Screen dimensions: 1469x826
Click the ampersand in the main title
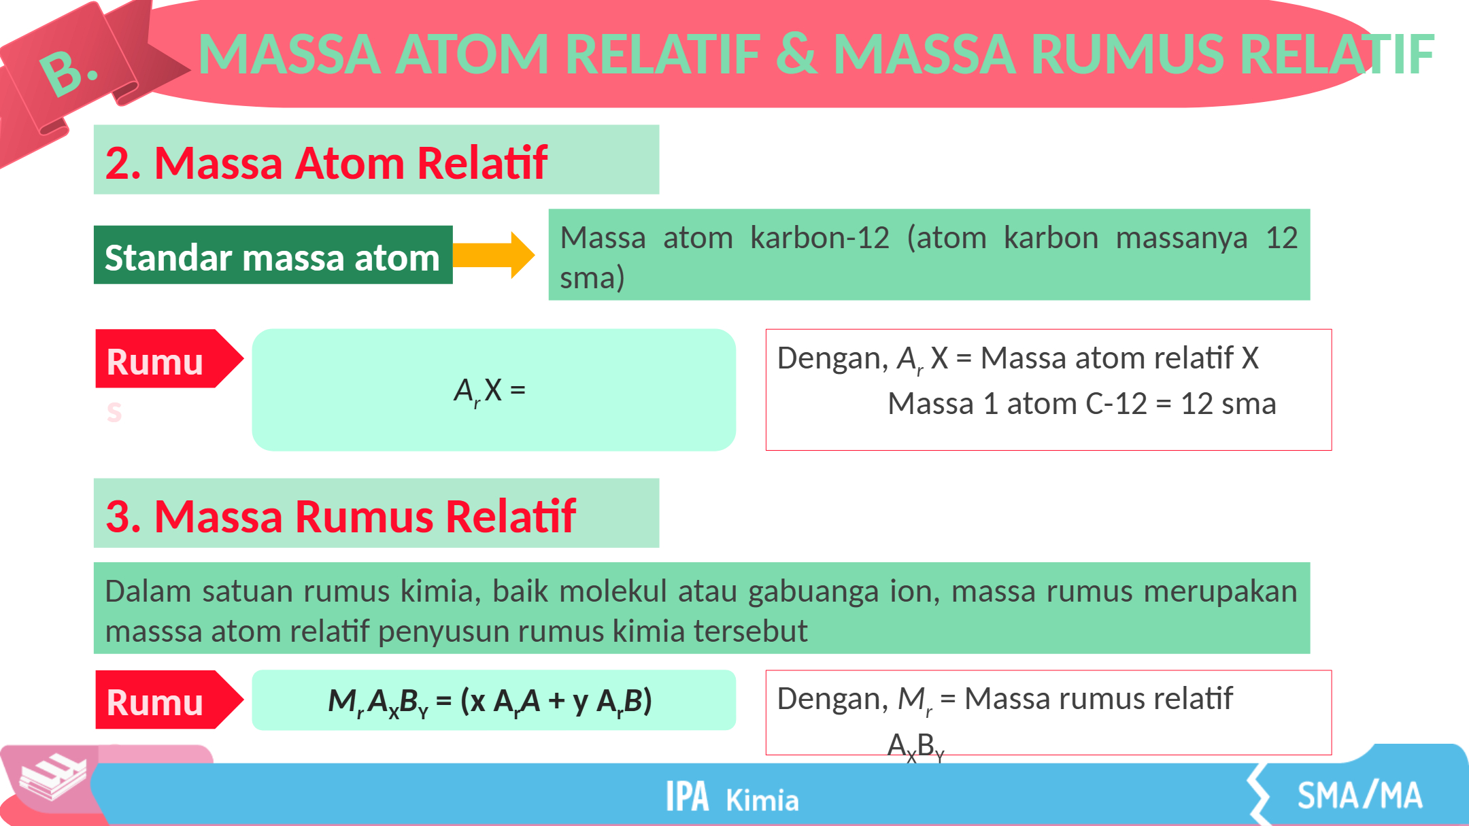[796, 54]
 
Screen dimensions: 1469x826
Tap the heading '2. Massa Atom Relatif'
[326, 163]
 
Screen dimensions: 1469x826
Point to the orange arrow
[494, 255]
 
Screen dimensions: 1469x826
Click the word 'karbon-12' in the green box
[820, 238]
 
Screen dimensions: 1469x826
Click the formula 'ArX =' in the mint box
[490, 392]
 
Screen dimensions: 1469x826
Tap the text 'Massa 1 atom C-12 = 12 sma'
[1082, 404]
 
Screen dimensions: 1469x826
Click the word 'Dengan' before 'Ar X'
[832, 358]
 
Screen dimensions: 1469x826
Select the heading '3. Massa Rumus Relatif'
[341, 516]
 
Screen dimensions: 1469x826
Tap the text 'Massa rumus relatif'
[1098, 698]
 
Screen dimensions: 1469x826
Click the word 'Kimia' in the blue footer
[762, 800]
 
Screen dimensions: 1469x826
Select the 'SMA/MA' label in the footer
[1360, 795]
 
